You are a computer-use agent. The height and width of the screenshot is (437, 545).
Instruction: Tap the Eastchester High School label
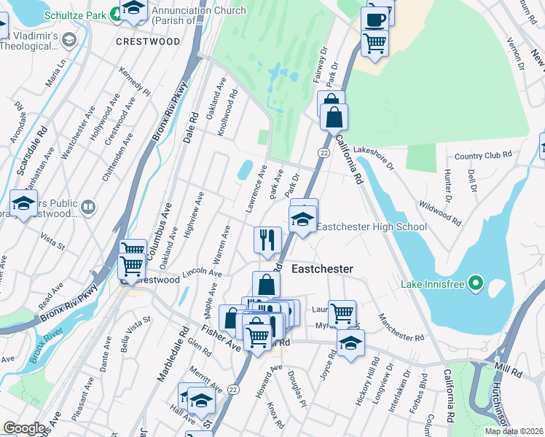tap(372, 227)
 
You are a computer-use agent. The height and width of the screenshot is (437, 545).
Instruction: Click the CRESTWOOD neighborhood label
tap(148, 42)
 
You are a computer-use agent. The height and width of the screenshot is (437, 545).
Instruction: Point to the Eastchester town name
tap(322, 269)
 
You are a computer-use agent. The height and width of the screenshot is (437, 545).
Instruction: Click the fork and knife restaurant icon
tap(267, 239)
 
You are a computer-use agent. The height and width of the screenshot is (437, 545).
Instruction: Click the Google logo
tap(24, 428)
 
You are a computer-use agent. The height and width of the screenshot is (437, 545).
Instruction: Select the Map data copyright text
tap(513, 431)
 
